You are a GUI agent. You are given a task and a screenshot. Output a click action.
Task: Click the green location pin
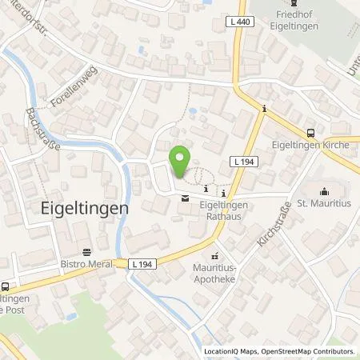(x=182, y=159)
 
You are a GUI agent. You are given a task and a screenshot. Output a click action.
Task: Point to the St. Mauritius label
(x=324, y=204)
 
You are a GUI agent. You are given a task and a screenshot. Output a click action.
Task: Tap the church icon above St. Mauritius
(x=324, y=190)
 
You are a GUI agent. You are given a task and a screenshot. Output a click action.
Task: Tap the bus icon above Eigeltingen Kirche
(x=311, y=134)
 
